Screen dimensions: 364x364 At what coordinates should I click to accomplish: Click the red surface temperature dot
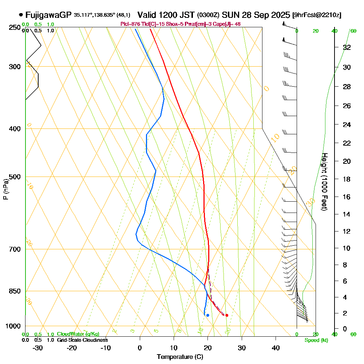(x=227, y=315)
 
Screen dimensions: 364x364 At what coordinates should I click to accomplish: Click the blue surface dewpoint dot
(x=207, y=315)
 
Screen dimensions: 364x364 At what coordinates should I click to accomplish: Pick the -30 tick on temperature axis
(x=38, y=348)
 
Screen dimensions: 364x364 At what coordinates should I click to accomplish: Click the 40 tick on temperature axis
(x=276, y=348)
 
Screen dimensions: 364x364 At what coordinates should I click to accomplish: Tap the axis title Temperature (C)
(x=180, y=357)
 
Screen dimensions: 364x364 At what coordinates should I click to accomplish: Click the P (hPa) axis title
(x=6, y=189)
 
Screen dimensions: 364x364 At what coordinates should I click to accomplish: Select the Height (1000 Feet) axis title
(x=324, y=182)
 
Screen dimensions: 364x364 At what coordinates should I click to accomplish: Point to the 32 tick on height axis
(x=347, y=47)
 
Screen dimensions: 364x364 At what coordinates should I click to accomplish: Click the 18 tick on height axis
(x=347, y=179)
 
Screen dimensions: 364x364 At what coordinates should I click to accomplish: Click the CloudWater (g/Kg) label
(x=78, y=334)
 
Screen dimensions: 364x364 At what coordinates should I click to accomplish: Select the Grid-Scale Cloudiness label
(x=82, y=340)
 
